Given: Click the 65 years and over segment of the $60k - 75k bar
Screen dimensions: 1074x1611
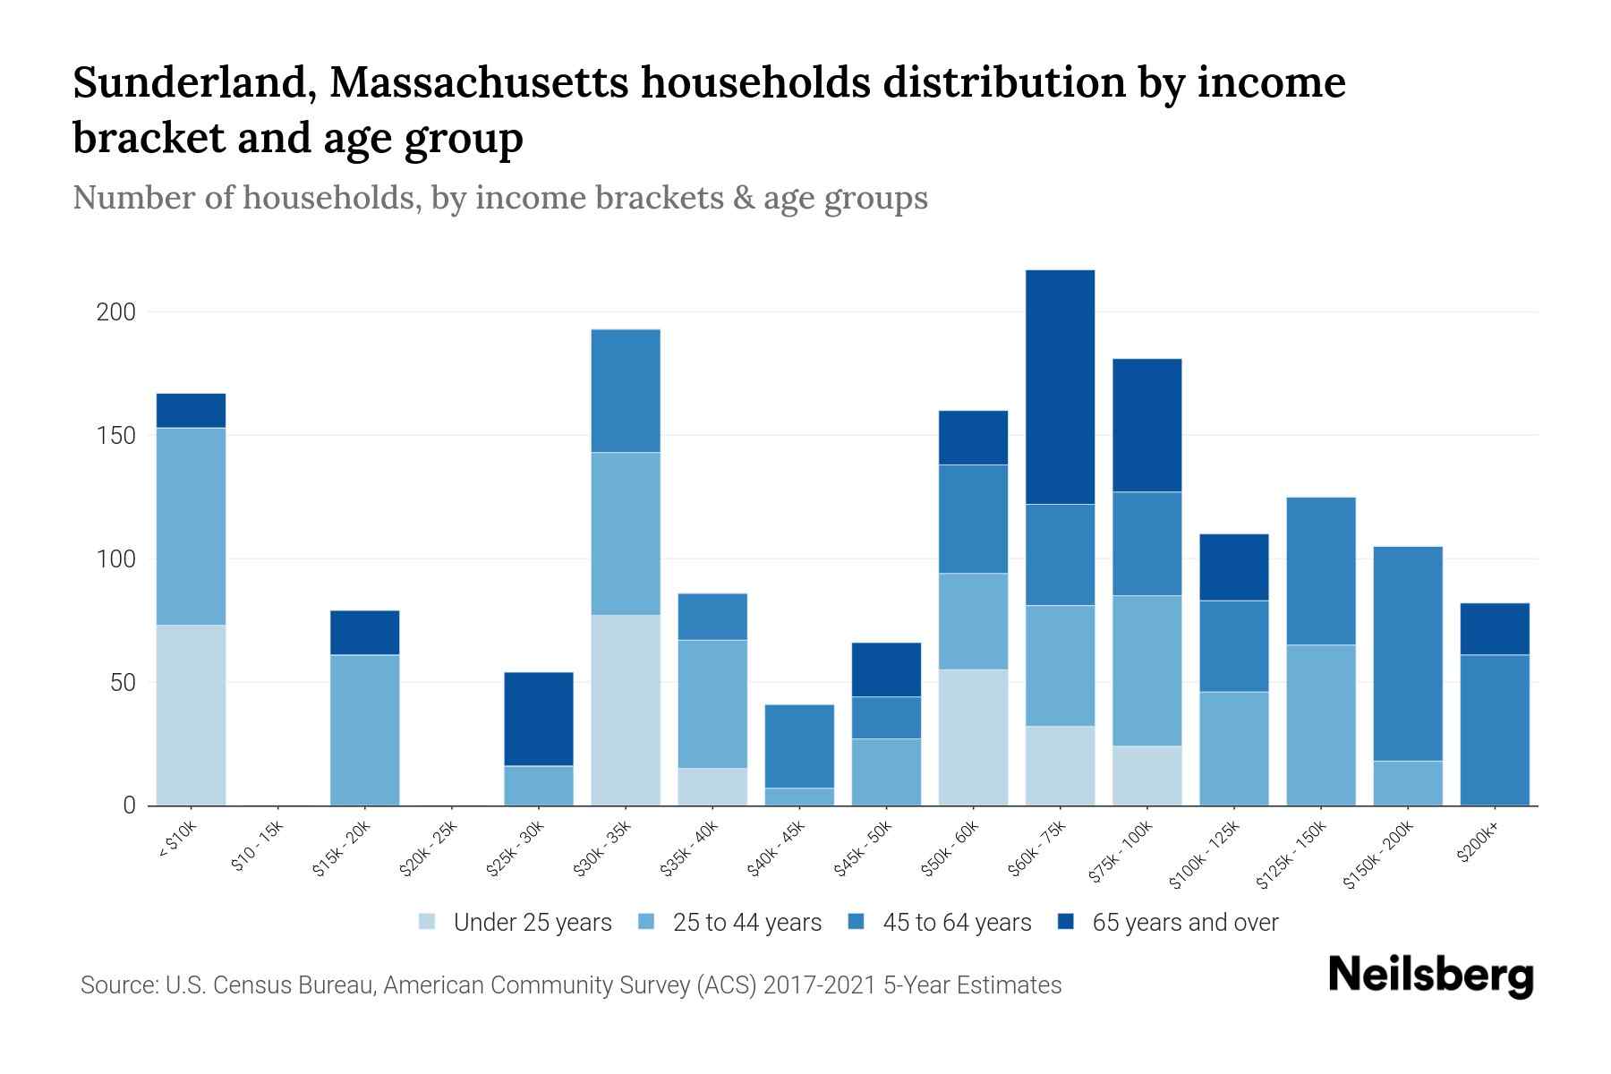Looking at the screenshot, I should (x=1060, y=387).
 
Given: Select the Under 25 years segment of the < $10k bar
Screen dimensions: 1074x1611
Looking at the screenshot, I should (x=191, y=715).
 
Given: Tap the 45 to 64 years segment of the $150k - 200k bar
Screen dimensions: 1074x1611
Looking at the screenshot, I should (x=1408, y=653).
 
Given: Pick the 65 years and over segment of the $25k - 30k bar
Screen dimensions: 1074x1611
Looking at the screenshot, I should (x=539, y=719).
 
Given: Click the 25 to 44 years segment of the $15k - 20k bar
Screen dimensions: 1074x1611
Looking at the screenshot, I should (x=364, y=730).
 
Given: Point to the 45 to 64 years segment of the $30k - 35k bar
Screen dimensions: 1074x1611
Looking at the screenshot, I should (x=626, y=391).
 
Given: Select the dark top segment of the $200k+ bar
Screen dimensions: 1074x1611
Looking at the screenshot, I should (x=1495, y=629).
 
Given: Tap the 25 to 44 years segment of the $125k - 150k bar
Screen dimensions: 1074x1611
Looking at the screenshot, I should (x=1321, y=725).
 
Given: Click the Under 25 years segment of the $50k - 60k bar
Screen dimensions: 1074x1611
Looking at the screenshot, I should (x=973, y=737).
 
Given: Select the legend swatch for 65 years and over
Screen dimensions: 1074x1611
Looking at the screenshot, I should (x=1066, y=922).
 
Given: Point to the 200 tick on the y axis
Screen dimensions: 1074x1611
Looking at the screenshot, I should (x=115, y=312).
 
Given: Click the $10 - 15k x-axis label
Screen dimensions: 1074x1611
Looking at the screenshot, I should (x=257, y=847).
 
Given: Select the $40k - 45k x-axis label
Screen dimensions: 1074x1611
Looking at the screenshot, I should (x=776, y=849).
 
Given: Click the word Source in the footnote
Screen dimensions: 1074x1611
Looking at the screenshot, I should (x=116, y=985).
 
